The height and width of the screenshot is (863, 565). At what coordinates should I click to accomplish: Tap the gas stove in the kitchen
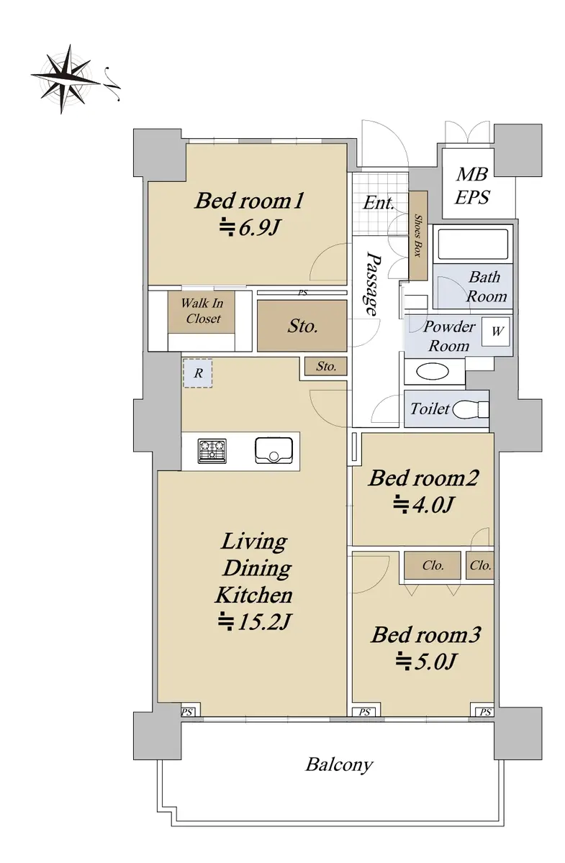(x=212, y=451)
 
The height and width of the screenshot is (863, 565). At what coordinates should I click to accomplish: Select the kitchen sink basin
(x=274, y=450)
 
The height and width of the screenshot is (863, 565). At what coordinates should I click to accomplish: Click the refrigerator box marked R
(x=197, y=373)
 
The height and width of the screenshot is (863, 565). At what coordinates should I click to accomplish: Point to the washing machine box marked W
(x=496, y=332)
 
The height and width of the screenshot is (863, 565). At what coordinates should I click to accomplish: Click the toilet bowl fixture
(x=471, y=409)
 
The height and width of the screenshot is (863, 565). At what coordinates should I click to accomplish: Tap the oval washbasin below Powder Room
(x=433, y=373)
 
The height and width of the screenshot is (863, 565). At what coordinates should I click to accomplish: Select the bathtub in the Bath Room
(x=473, y=244)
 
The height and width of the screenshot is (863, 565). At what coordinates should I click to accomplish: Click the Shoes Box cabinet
(x=418, y=236)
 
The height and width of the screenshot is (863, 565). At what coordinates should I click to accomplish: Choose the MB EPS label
(x=472, y=186)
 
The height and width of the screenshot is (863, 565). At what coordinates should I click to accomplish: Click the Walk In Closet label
(x=202, y=311)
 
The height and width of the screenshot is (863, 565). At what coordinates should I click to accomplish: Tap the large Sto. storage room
(x=302, y=326)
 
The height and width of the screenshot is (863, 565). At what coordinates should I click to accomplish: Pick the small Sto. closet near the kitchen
(x=326, y=366)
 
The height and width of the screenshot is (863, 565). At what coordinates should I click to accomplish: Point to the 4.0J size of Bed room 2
(x=423, y=505)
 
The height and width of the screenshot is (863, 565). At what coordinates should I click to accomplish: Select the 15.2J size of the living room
(x=254, y=622)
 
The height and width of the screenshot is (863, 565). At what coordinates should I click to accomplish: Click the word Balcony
(x=340, y=764)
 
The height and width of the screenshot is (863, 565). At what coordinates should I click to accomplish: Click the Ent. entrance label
(x=379, y=203)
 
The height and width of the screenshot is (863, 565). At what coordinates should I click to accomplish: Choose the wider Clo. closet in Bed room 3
(x=433, y=565)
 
